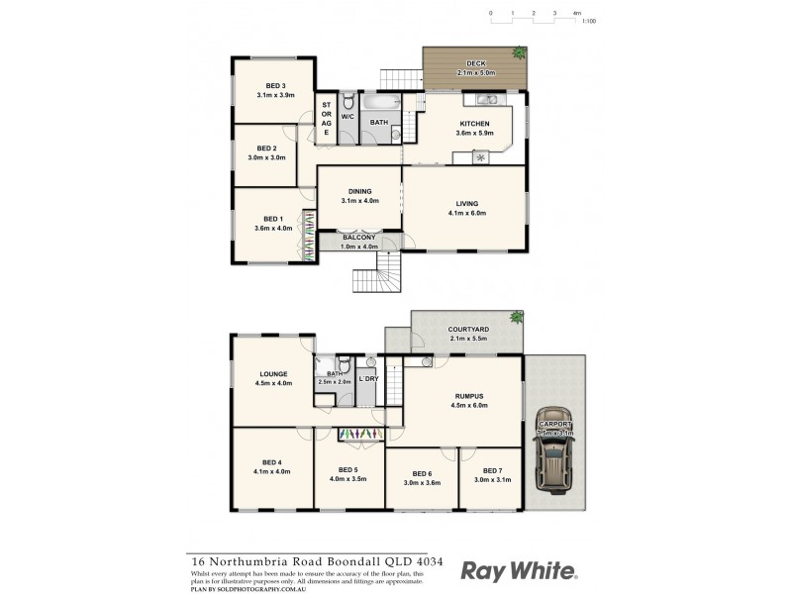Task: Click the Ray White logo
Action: (519, 570)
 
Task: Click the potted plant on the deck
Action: (518, 52)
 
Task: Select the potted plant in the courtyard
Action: (515, 317)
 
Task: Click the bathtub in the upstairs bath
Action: (381, 101)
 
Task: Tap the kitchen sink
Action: (485, 99)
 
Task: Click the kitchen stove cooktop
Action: (481, 156)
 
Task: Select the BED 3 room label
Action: (275, 85)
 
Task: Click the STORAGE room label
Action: (327, 117)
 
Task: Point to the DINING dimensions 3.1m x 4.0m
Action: (359, 201)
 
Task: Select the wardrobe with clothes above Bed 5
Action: (359, 434)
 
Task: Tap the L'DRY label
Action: (368, 379)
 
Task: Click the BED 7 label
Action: (493, 471)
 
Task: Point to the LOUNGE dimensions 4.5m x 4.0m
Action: (274, 383)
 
